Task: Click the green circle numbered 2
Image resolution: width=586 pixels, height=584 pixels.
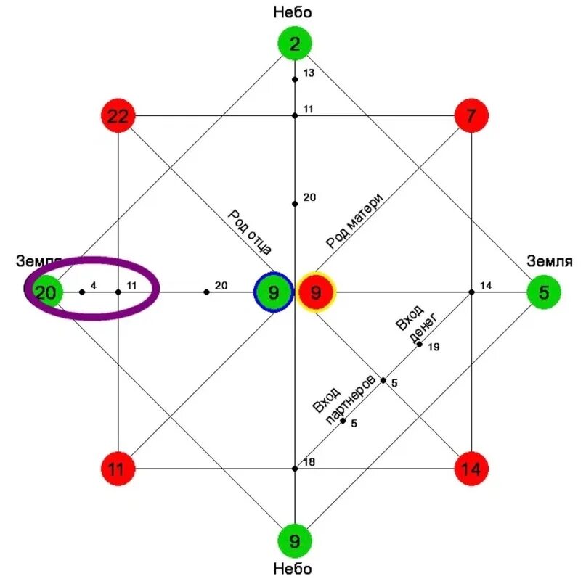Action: pos(295,44)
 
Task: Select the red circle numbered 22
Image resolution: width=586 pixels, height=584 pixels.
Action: pos(118,115)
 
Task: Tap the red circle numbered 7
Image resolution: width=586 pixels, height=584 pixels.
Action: pos(471,115)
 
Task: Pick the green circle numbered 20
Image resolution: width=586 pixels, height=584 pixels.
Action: pos(45,292)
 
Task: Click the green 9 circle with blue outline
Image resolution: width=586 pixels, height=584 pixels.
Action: pos(273,292)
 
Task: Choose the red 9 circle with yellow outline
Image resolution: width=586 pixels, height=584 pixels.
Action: pos(316,292)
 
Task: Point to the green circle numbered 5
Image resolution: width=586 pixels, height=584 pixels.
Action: pos(544,292)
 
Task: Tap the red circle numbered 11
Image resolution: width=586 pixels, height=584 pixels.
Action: pos(118,469)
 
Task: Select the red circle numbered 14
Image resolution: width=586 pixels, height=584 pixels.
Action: pos(471,469)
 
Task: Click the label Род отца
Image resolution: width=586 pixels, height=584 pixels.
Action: pos(250,231)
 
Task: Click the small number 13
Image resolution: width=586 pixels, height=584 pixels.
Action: pos(309,73)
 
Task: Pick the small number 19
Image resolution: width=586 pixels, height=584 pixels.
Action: pos(434,347)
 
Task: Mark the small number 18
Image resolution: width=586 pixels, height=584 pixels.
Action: pos(309,462)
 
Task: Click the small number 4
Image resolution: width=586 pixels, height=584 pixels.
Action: pos(94,286)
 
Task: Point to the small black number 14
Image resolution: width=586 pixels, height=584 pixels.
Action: pos(486,286)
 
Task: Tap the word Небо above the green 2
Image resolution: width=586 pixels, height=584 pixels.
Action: pos(294,12)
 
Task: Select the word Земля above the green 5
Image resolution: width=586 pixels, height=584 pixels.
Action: pos(550,262)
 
